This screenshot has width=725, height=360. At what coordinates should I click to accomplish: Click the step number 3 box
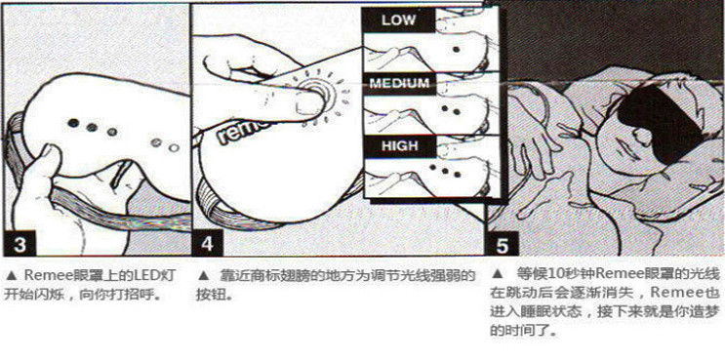click(19, 244)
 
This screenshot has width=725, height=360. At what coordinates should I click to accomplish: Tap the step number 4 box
click(208, 244)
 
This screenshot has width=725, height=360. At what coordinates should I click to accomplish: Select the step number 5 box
click(503, 244)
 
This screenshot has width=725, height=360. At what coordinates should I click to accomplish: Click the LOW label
click(398, 20)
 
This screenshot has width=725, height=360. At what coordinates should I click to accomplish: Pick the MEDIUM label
click(398, 84)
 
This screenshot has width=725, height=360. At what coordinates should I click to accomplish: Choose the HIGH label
click(399, 146)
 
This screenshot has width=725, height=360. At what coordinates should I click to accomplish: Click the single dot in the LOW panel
click(456, 49)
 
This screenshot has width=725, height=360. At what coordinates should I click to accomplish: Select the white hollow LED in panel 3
click(174, 148)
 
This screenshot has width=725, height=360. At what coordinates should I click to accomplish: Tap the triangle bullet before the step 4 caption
click(203, 276)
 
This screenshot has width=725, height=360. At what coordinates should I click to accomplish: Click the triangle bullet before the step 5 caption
click(497, 273)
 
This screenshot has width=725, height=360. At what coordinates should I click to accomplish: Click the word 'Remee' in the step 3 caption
click(44, 276)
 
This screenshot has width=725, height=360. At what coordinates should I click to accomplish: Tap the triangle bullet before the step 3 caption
click(12, 276)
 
